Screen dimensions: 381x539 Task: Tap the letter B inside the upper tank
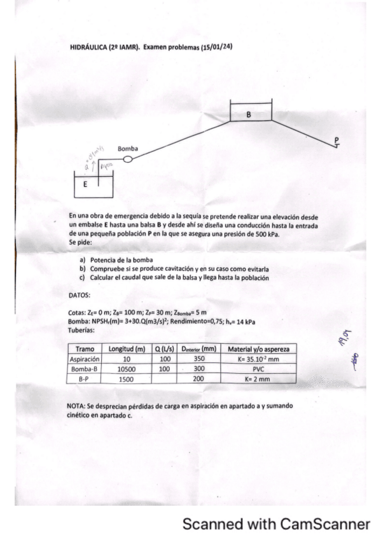click(x=250, y=114)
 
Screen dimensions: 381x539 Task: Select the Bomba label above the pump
click(x=127, y=149)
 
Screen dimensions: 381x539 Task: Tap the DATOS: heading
click(x=79, y=295)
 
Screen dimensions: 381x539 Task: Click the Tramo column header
click(x=85, y=350)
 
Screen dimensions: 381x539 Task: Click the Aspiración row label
click(x=85, y=358)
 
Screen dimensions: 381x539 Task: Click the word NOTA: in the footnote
click(x=78, y=405)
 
